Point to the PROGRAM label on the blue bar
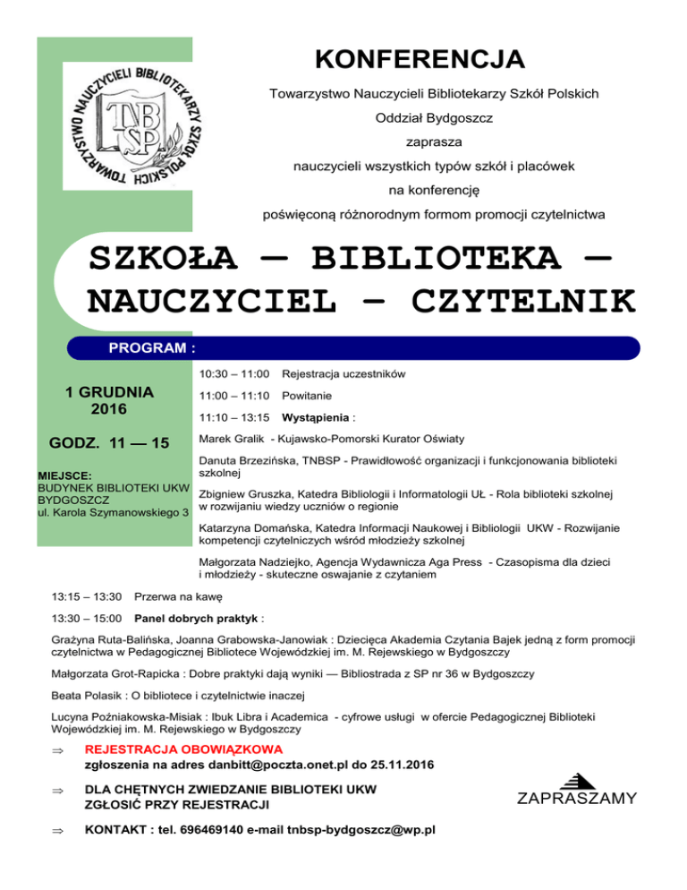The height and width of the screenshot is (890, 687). tap(151, 347)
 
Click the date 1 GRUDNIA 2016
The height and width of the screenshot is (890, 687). tap(110, 401)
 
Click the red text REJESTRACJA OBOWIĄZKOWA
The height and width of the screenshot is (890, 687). tap(182, 749)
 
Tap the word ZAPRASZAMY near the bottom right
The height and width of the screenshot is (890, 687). tap(577, 798)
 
